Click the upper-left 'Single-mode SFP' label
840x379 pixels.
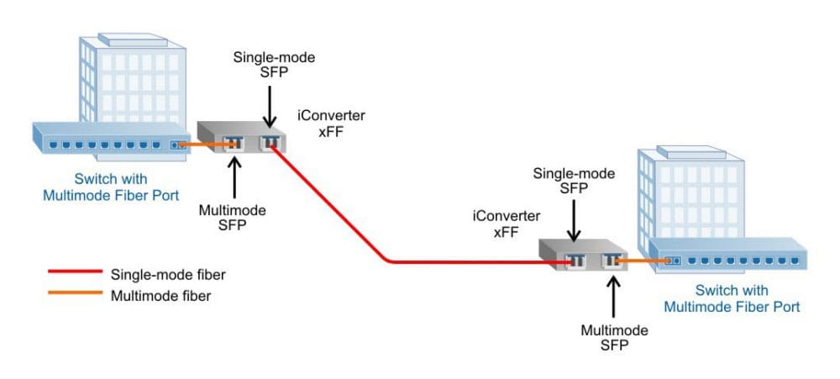263,64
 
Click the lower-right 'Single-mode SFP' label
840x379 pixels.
575,181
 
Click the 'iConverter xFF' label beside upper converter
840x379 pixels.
331,123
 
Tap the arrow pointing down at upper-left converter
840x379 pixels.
270,106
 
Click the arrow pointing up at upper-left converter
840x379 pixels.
233,176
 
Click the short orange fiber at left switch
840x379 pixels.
205,145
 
